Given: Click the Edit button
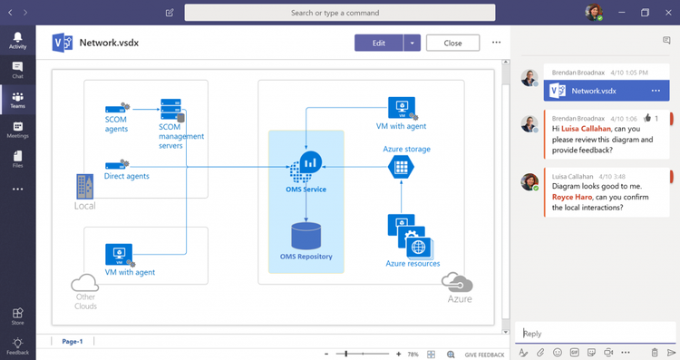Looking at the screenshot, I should click(x=378, y=43).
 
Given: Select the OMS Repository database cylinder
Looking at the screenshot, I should click(x=306, y=236).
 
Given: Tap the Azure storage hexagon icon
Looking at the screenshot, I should click(x=400, y=166).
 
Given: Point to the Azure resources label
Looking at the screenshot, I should click(x=413, y=264).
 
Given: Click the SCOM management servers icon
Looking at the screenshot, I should click(x=172, y=111).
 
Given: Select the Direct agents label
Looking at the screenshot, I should click(x=126, y=176).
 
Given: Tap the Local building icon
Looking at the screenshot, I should click(x=84, y=188).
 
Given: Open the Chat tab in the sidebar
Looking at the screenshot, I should click(x=17, y=70).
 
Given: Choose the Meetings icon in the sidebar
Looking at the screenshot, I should click(x=17, y=130).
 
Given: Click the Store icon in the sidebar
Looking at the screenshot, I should click(x=17, y=315).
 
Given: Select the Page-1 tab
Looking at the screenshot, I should click(x=73, y=342).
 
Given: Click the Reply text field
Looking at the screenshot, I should click(x=594, y=333).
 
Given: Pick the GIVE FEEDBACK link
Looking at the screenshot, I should click(x=484, y=354).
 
